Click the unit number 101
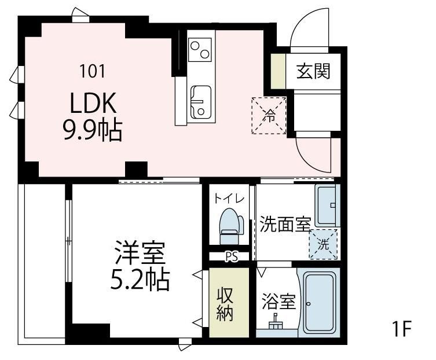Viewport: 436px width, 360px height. [92, 71]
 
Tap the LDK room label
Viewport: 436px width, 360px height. [93, 103]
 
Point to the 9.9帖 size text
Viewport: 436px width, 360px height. [93, 130]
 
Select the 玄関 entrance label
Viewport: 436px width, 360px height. [313, 71]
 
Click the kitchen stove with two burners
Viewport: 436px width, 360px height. [200, 49]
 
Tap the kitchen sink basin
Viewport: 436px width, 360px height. [201, 102]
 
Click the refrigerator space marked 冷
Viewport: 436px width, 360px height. [269, 115]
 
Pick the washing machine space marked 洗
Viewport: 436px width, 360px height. [324, 244]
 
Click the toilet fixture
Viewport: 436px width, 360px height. [230, 226]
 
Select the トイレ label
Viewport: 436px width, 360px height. [229, 199]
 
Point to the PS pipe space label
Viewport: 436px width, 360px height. [232, 257]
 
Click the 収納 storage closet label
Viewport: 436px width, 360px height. [225, 304]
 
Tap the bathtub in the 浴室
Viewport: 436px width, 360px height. [318, 302]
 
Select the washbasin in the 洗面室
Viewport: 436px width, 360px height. [327, 205]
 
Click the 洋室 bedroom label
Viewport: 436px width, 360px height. [140, 253]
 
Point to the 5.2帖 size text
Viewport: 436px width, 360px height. [140, 279]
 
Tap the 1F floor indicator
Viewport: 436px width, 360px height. [401, 329]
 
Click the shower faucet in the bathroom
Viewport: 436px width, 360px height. [276, 322]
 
